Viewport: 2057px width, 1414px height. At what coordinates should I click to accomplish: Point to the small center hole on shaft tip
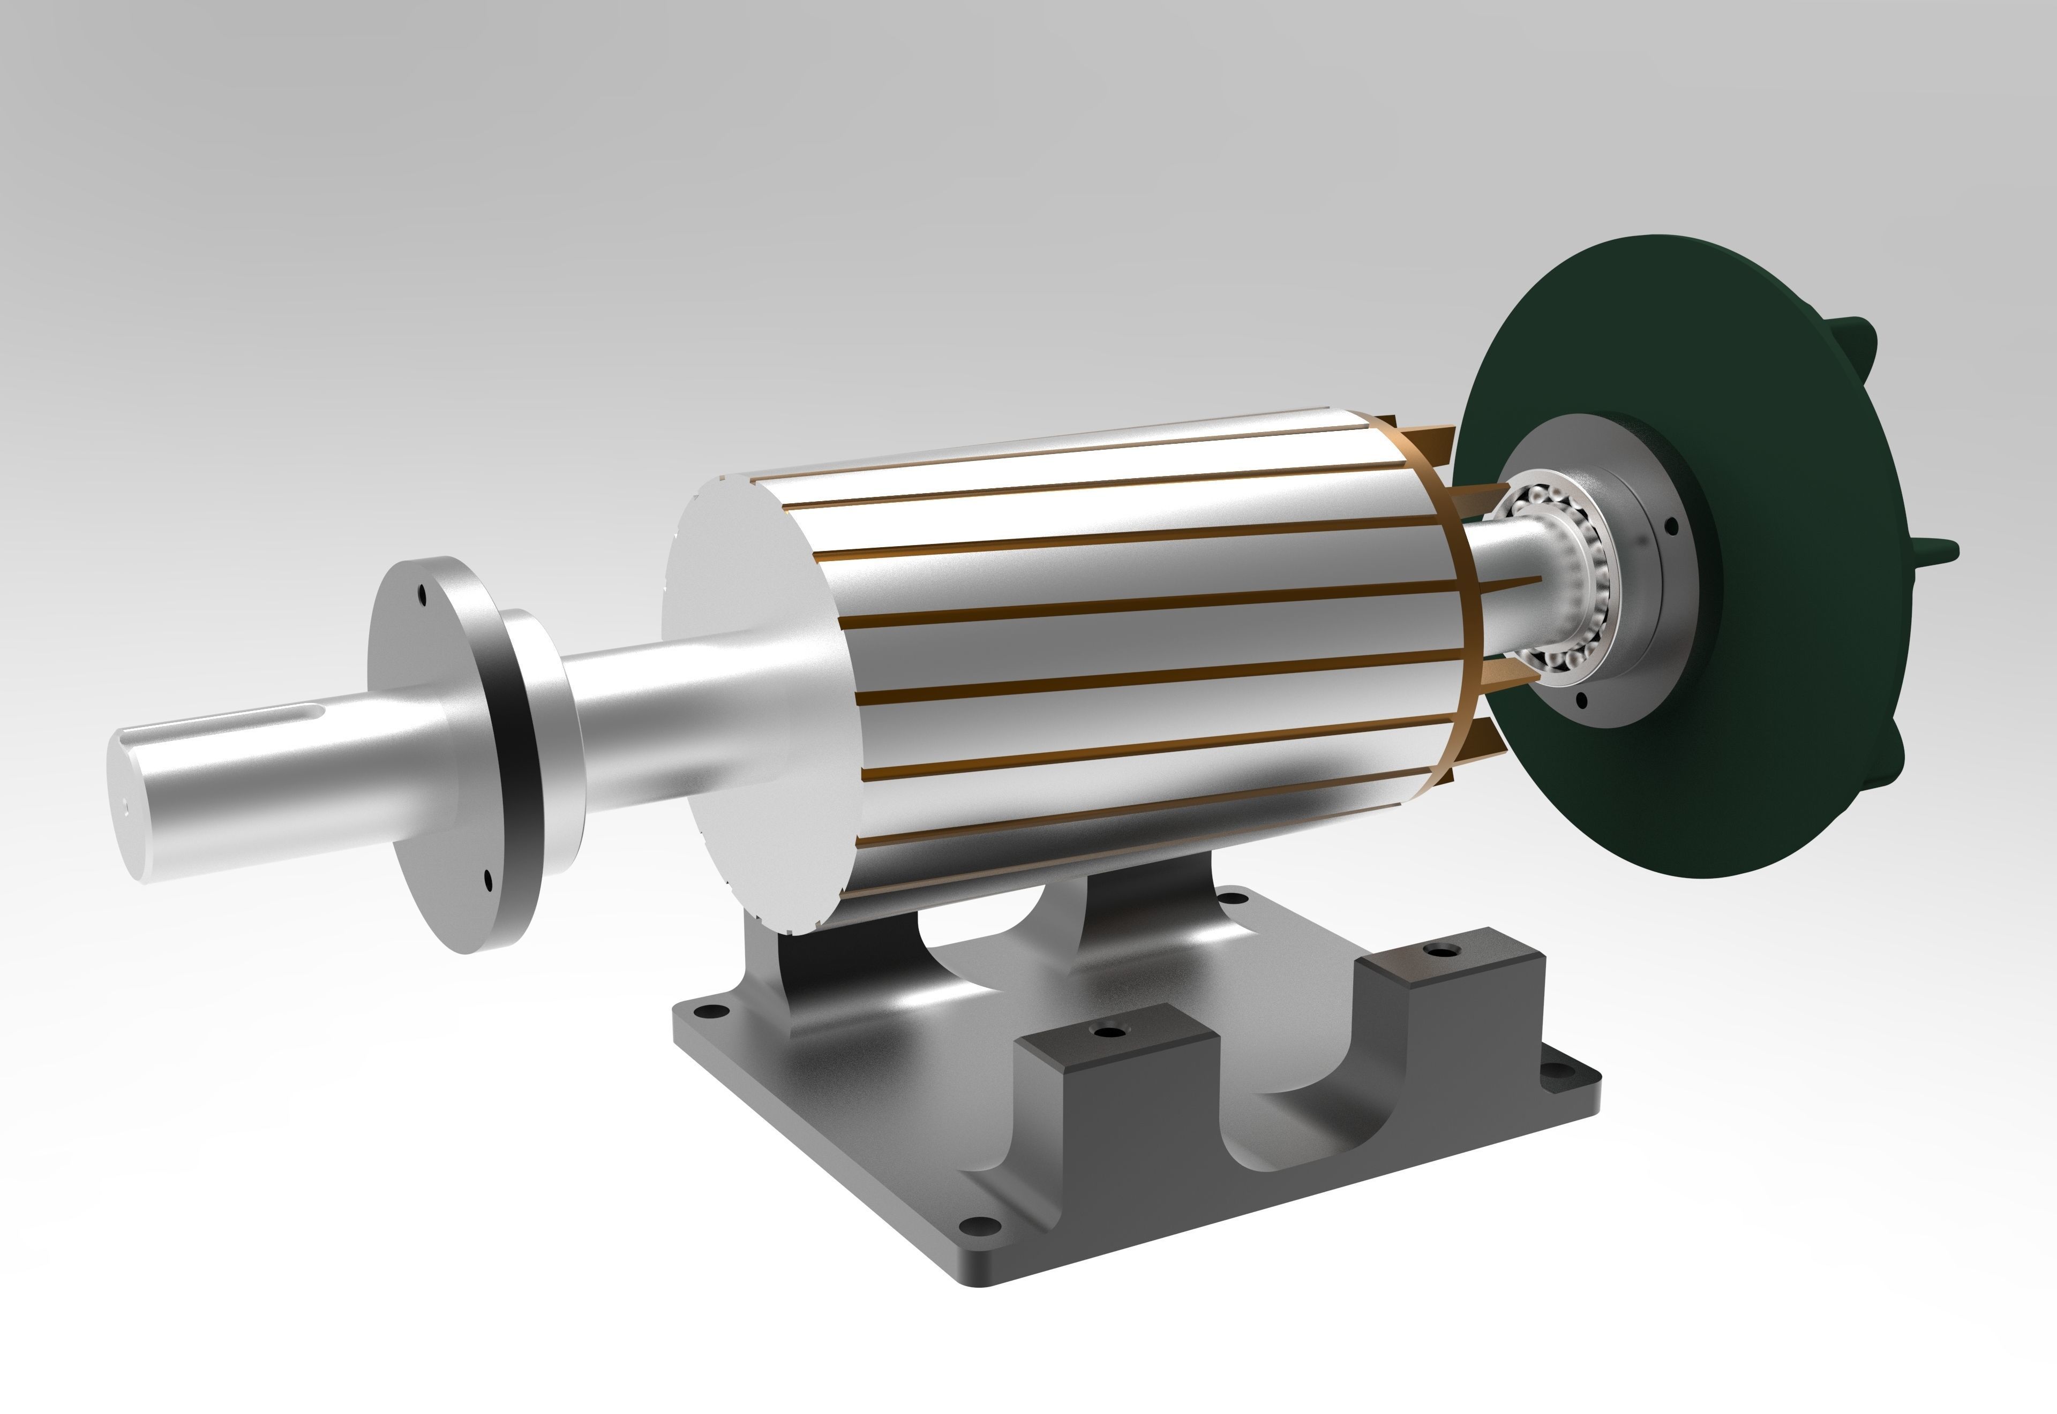(126, 806)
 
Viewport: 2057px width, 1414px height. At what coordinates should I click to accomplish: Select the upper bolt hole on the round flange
(424, 594)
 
